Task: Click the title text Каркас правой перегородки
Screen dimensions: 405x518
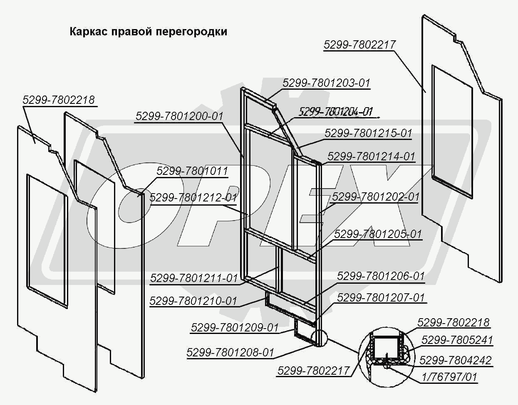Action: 148,32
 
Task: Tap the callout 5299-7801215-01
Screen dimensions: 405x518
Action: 368,133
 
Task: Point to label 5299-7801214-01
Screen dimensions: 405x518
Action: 371,157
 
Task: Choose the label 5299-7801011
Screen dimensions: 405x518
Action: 192,171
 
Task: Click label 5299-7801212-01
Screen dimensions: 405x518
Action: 193,197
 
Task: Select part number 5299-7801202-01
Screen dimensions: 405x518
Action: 375,196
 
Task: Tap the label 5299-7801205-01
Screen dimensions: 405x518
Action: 378,234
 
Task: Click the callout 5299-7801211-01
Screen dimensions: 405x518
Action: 194,278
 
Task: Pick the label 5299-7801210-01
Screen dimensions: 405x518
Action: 193,301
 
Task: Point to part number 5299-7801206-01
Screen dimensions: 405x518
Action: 381,276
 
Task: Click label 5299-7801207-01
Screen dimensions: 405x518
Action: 381,298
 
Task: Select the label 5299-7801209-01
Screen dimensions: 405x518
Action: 234,327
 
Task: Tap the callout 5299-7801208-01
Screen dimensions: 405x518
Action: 230,353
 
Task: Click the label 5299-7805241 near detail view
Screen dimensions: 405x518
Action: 457,340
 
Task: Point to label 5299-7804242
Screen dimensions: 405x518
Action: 455,360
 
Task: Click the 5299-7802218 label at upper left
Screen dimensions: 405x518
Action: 59,100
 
